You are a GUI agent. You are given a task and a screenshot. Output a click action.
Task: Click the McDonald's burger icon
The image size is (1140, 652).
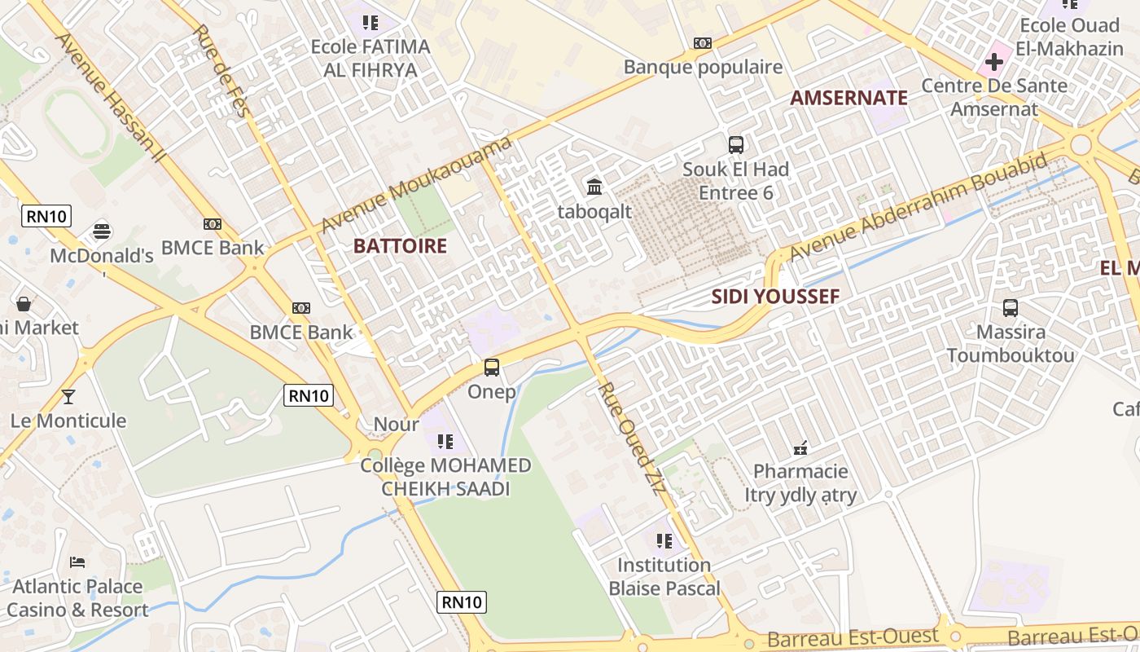pos(102,231)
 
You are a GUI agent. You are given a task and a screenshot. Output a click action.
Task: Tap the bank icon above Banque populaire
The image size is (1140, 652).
pos(703,43)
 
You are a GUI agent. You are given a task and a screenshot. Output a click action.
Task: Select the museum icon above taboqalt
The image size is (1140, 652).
pos(594,187)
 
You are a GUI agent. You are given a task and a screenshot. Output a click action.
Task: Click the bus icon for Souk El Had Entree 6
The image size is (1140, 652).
pos(736,145)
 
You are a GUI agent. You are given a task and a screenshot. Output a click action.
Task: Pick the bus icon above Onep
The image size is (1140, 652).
pos(492,368)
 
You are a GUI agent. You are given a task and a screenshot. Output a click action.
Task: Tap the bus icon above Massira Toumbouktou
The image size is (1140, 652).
pos(1011,308)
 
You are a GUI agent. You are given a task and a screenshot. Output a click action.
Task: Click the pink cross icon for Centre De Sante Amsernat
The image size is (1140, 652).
pos(993,61)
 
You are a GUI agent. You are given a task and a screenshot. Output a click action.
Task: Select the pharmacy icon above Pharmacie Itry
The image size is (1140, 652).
pos(800,447)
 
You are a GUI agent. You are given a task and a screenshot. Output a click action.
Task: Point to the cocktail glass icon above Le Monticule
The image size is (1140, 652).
pos(68,397)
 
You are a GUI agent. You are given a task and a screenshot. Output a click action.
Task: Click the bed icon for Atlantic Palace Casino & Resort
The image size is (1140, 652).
pos(77,562)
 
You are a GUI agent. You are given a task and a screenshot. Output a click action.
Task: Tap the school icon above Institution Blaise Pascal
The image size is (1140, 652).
pos(664,541)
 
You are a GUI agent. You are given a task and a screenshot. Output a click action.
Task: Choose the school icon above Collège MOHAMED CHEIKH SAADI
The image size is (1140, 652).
pos(445,442)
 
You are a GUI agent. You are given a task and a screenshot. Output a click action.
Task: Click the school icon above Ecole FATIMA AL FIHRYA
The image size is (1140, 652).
pos(370,23)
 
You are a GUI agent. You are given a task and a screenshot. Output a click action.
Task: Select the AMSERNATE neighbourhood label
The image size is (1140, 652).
pos(848,98)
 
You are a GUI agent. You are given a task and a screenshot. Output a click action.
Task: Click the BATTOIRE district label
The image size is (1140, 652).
pos(400,246)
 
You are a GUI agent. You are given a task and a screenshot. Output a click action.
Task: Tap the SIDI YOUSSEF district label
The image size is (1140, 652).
pos(775,297)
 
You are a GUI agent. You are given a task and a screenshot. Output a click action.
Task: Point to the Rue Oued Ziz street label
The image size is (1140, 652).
pos(631,436)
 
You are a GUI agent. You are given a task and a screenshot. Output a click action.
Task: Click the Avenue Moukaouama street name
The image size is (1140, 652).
pos(416,184)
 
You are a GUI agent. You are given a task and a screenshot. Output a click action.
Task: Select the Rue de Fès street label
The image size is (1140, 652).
pos(221,71)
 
